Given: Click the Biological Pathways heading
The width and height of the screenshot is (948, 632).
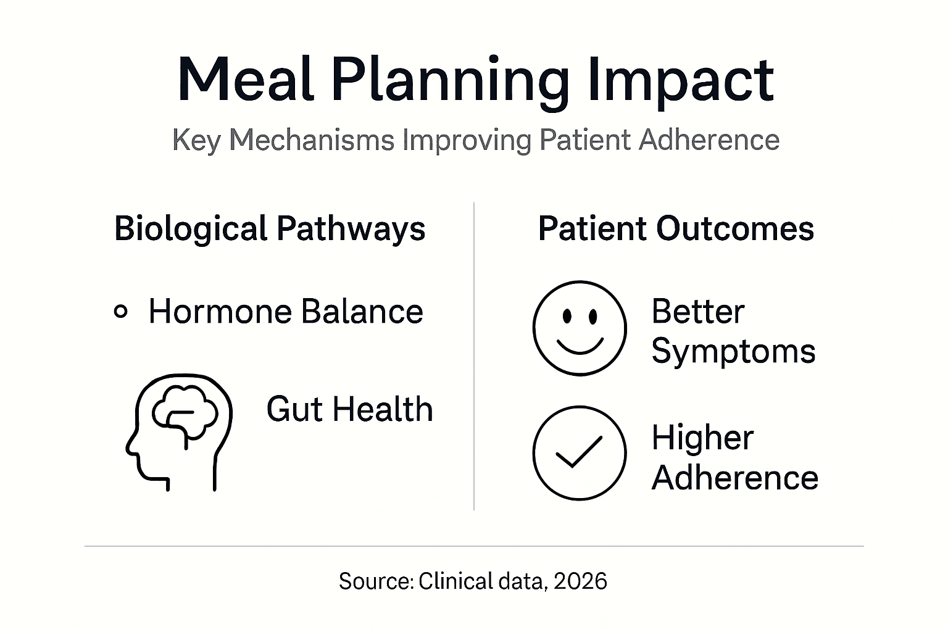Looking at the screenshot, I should [270, 229].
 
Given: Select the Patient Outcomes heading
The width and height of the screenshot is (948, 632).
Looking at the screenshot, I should [676, 229].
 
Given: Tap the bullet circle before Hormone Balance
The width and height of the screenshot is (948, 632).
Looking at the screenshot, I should [121, 312].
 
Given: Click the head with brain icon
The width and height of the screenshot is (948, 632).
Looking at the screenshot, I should [180, 431].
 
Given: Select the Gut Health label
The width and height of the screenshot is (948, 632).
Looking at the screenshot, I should [349, 409].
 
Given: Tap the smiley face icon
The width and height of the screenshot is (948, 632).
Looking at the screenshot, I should [580, 328].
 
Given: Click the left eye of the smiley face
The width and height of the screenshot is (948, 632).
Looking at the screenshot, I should [567, 317].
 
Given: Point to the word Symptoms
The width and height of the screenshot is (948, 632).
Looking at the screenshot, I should [733, 352].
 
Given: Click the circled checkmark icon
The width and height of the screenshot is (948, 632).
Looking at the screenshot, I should [580, 453].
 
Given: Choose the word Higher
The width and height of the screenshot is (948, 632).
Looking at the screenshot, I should [702, 438].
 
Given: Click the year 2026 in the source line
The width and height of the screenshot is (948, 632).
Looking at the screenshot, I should [580, 581].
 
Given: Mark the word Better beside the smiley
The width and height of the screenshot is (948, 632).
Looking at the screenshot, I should [697, 312].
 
